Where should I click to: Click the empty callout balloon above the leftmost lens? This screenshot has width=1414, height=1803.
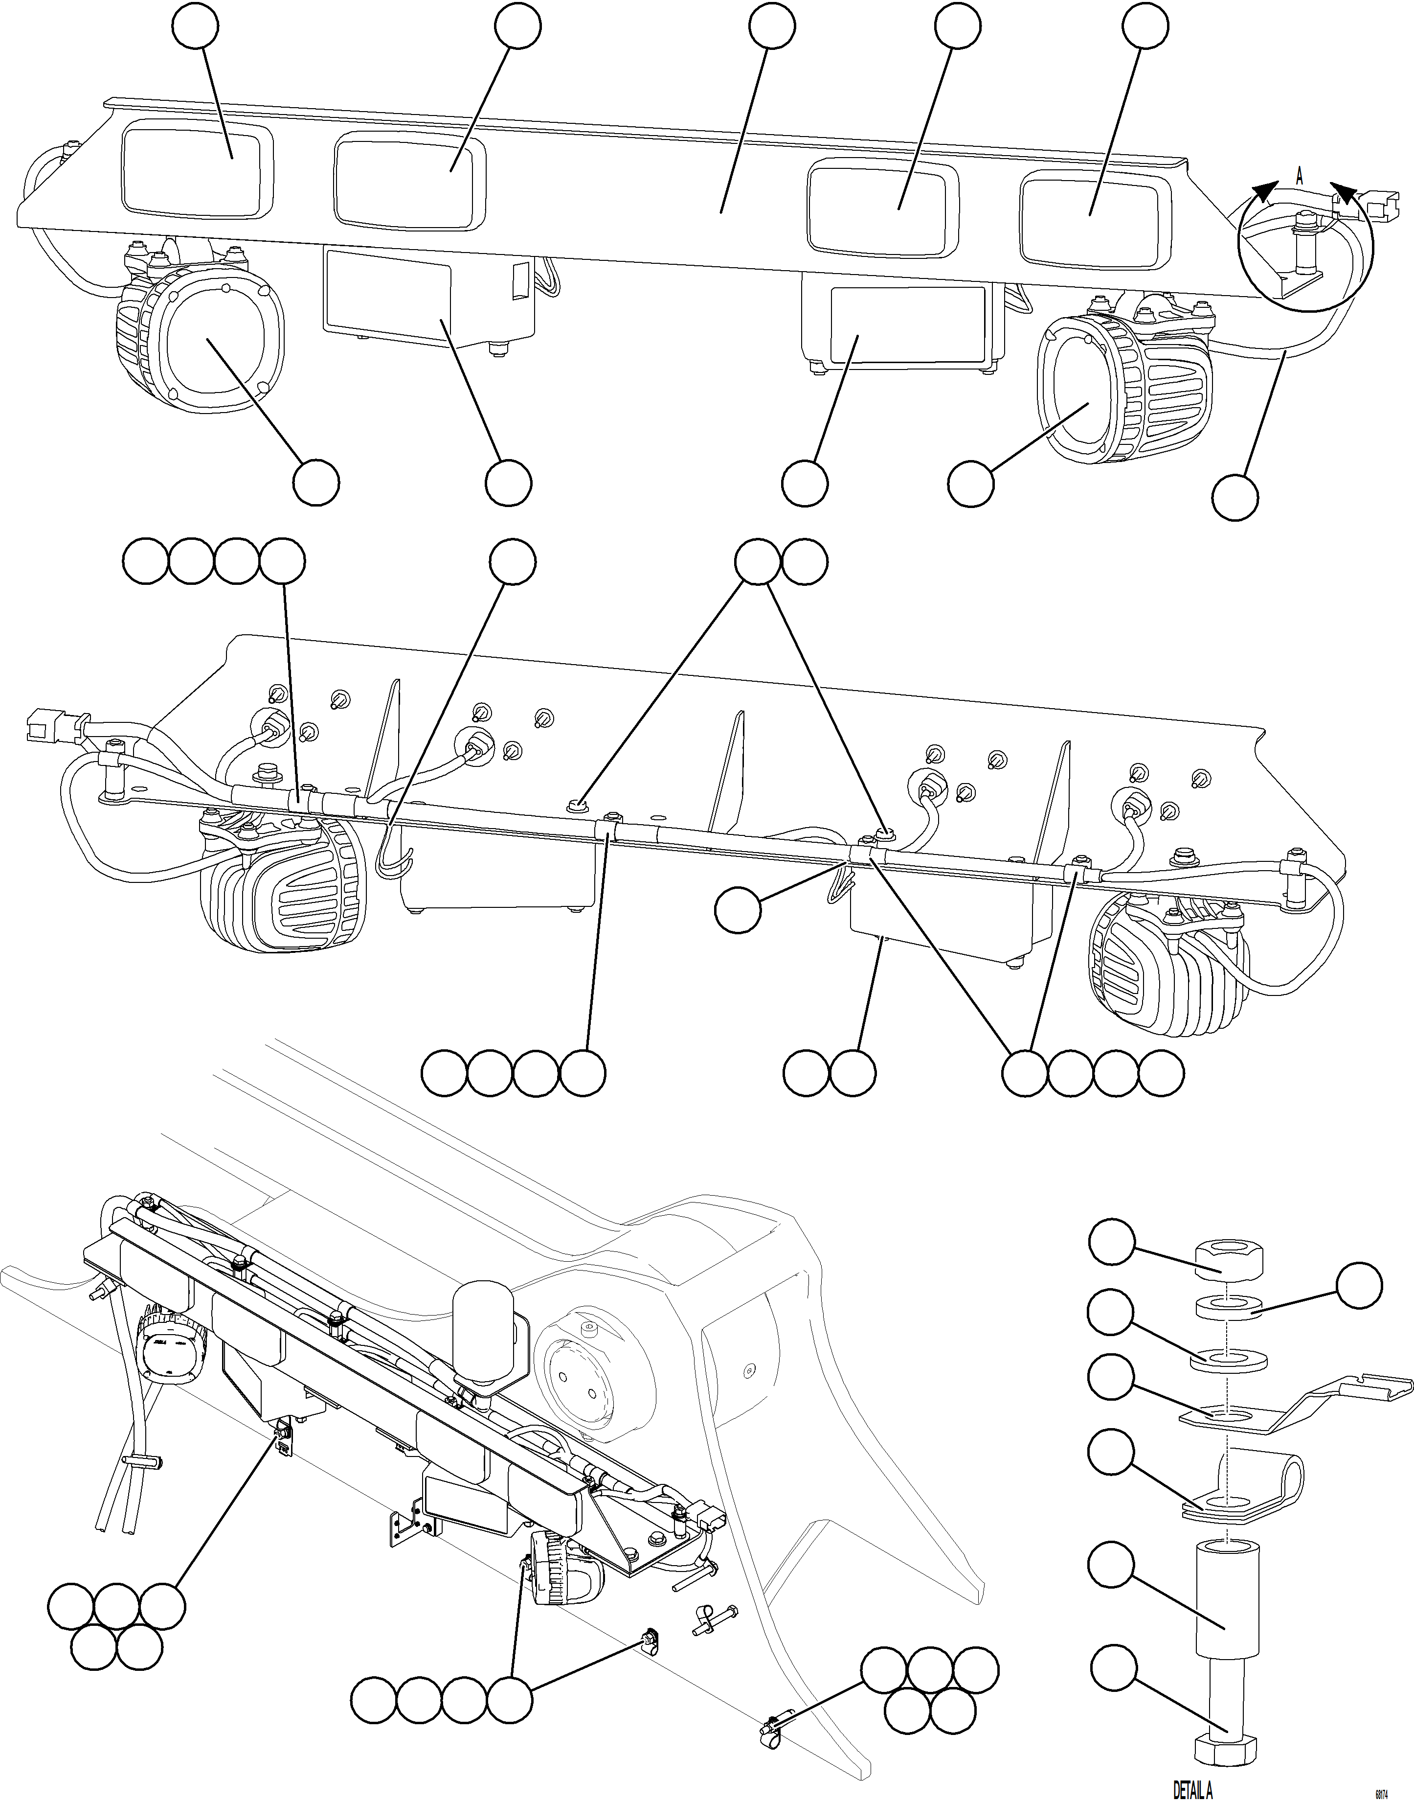click(x=196, y=26)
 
